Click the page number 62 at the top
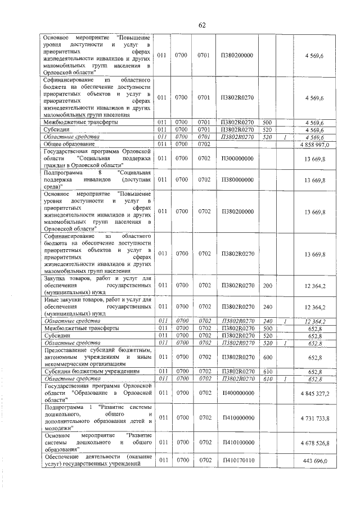tap(202, 25)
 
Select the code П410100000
tap(237, 443)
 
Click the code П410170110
tap(237, 461)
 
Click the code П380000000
tap(237, 180)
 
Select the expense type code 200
tap(267, 286)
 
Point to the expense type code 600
tap(267, 357)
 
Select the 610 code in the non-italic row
tap(267, 372)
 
